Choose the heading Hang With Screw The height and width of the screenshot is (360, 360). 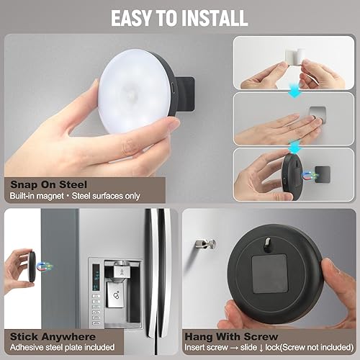coord(228,336)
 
